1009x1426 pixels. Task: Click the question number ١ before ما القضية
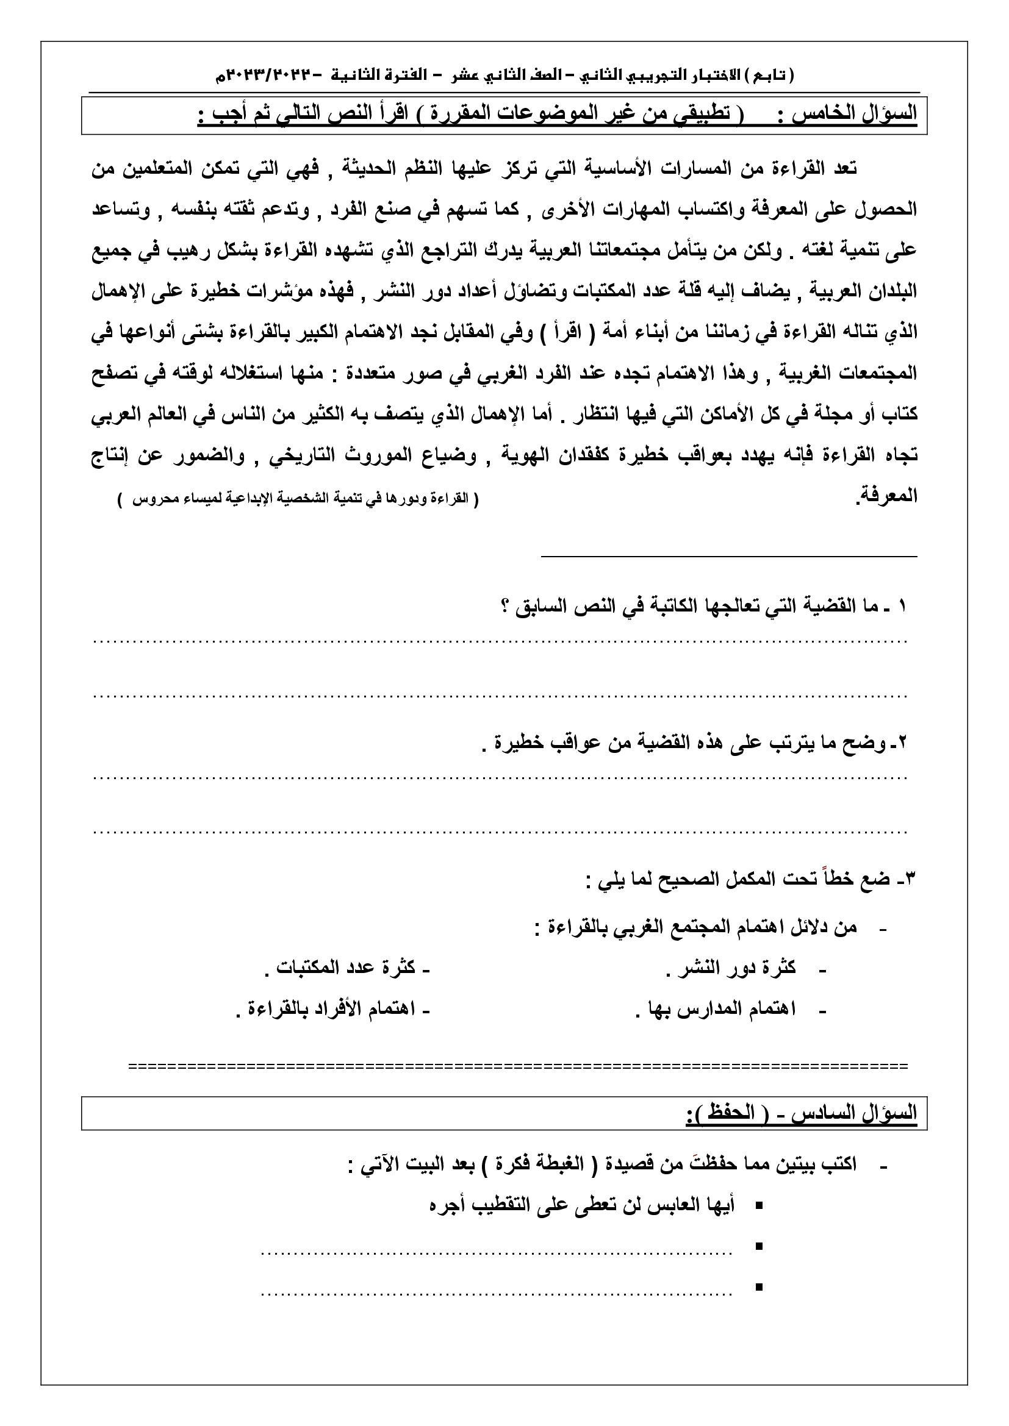click(x=902, y=607)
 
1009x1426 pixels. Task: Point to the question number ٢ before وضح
click(x=902, y=743)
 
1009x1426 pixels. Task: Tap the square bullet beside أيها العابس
click(x=759, y=1206)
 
